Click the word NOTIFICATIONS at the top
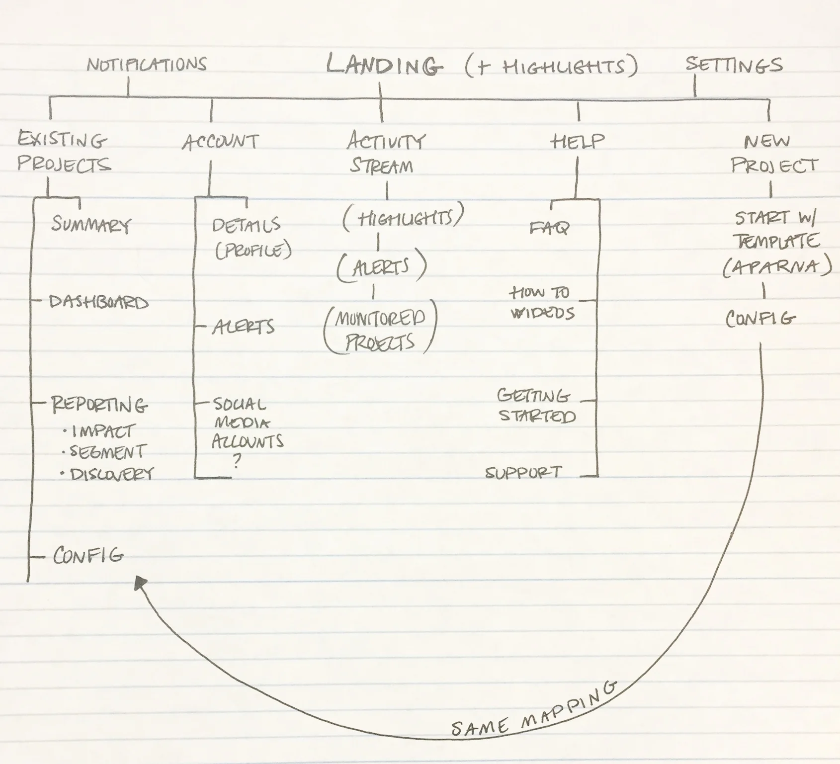(147, 65)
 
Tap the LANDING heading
(384, 66)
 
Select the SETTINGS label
(734, 65)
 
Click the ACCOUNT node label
(220, 143)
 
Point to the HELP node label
(578, 142)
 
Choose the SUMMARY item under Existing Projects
(91, 225)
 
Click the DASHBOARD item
(98, 302)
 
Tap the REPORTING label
(99, 405)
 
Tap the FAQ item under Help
(549, 228)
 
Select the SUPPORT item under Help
(523, 472)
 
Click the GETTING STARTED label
(536, 406)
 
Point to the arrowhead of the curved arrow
(140, 583)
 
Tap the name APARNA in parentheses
(777, 267)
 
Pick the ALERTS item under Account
(243, 327)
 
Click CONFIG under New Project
(760, 318)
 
